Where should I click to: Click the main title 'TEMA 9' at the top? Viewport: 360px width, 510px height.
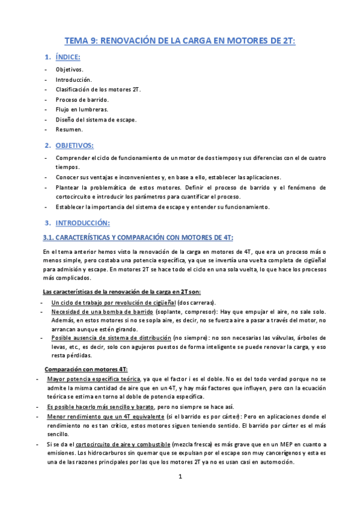coord(180,41)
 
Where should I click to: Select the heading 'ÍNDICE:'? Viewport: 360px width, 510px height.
coord(67,57)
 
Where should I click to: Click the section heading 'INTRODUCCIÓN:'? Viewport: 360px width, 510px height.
coord(81,223)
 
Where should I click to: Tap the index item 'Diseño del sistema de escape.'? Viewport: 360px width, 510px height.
coord(96,119)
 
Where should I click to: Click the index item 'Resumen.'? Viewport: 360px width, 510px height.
coord(69,129)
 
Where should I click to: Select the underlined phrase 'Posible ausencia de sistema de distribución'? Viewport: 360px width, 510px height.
coord(111,339)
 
